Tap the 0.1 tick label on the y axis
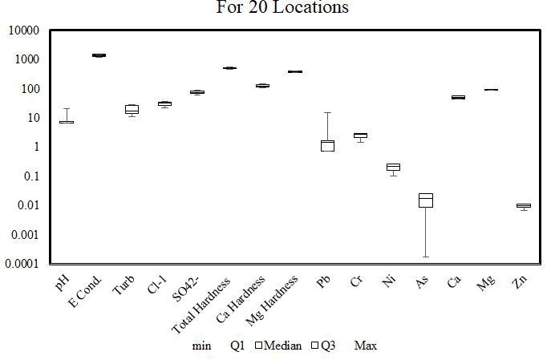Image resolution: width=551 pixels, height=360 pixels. tap(33, 176)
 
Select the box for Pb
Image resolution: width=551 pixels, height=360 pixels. tap(327, 145)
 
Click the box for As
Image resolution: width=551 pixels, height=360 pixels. tap(425, 200)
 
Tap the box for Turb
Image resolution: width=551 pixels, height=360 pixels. tap(132, 109)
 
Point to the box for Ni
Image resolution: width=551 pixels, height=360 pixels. tap(393, 167)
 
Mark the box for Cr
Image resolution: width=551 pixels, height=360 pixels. tap(360, 136)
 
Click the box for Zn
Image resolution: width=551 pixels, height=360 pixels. tap(523, 205)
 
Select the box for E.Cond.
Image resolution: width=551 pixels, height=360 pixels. tap(99, 55)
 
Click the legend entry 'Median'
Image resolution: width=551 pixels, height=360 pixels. tap(278, 346)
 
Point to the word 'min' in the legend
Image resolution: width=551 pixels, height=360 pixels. tap(202, 346)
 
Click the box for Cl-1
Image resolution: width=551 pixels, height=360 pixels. tap(164, 103)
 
